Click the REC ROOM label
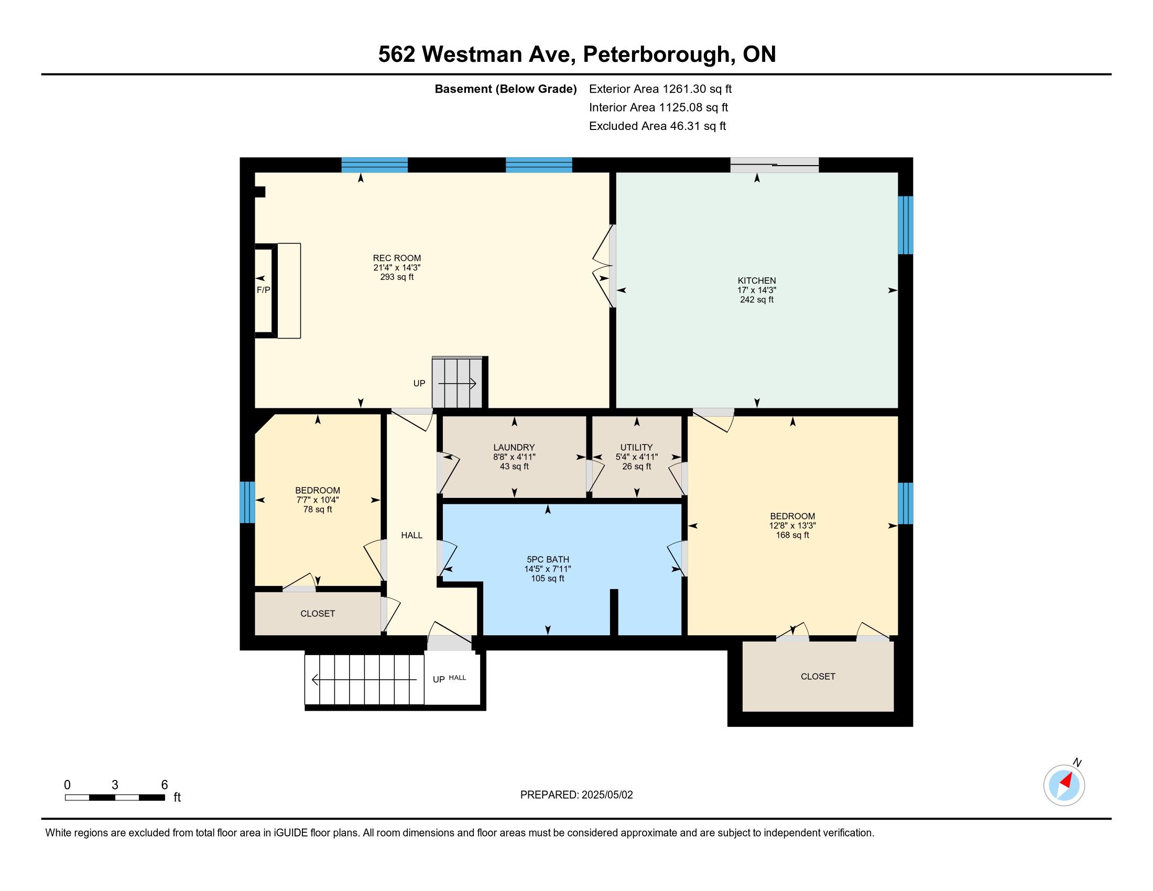pyautogui.click(x=397, y=258)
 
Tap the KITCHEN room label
pyautogui.click(x=756, y=281)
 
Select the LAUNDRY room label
pyautogui.click(x=514, y=448)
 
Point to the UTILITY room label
pyautogui.click(x=637, y=448)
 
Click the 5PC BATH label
pyautogui.click(x=548, y=560)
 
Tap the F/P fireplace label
pyautogui.click(x=264, y=290)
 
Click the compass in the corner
pyautogui.click(x=1064, y=786)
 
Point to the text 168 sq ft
pyautogui.click(x=792, y=535)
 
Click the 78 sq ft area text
pyautogui.click(x=318, y=509)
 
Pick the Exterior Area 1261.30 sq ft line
pyautogui.click(x=660, y=89)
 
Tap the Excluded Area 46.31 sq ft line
pyautogui.click(x=658, y=126)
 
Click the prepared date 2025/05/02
pyautogui.click(x=606, y=795)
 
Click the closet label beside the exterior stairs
pyautogui.click(x=318, y=613)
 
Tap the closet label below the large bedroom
pyautogui.click(x=818, y=677)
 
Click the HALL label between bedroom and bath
pyautogui.click(x=412, y=535)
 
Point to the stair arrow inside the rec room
pyautogui.click(x=457, y=383)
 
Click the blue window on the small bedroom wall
pyautogui.click(x=247, y=502)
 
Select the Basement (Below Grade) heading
pyautogui.click(x=505, y=89)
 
